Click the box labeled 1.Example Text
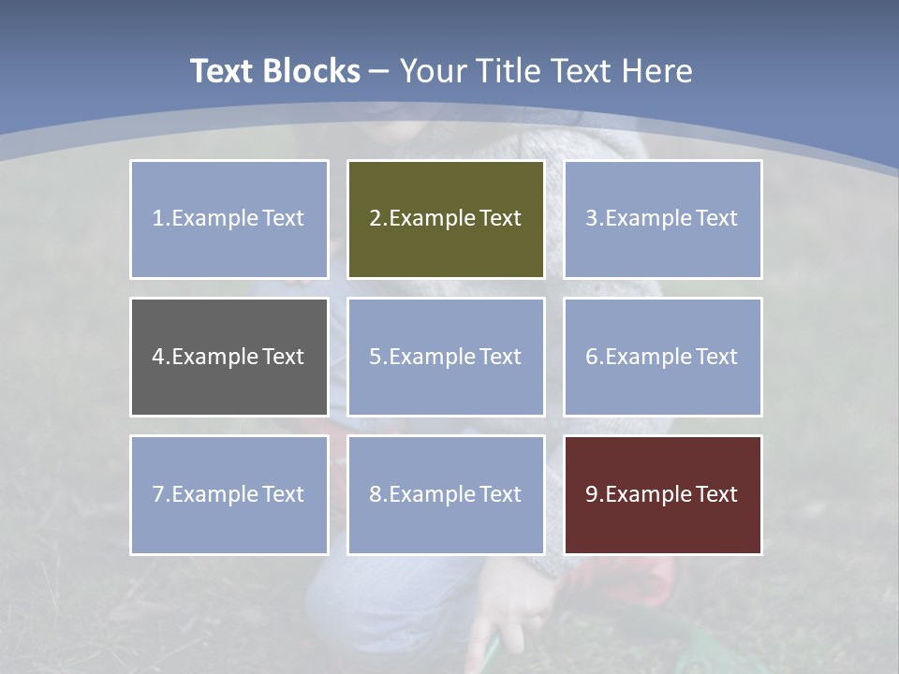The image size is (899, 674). (229, 219)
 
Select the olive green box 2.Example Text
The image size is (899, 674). (446, 219)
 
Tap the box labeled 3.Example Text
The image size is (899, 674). (663, 219)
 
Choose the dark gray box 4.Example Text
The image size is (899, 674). (229, 357)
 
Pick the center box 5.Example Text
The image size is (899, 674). (446, 357)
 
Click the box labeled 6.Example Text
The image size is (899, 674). (663, 357)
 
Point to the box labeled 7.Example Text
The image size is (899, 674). (229, 494)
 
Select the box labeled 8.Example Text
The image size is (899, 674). (446, 494)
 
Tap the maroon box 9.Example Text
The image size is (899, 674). (663, 494)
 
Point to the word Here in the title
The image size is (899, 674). (657, 71)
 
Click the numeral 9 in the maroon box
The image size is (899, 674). (592, 494)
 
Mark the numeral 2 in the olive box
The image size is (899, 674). (375, 219)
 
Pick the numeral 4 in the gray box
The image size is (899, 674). (158, 357)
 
